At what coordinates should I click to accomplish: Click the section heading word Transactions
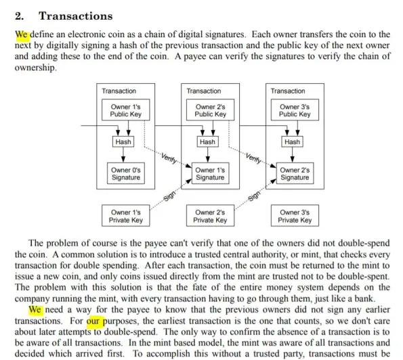[x=76, y=16]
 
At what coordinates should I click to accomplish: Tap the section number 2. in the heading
[x=20, y=16]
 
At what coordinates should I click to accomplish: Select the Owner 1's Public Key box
[x=126, y=110]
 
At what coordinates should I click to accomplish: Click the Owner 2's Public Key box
[x=210, y=110]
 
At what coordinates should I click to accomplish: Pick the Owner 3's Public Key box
[x=295, y=110]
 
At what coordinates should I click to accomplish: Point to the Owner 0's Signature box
[x=126, y=173]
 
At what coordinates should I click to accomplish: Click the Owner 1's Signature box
[x=210, y=173]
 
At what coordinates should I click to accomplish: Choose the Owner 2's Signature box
[x=295, y=173]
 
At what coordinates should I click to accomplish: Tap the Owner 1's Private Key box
[x=126, y=216]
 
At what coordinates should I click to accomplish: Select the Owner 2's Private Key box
[x=210, y=216]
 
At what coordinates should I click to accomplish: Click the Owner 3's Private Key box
[x=295, y=216]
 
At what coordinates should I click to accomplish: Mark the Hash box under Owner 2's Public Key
[x=208, y=141]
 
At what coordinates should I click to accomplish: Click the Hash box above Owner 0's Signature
[x=123, y=141]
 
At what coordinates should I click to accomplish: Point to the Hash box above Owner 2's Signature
[x=292, y=141]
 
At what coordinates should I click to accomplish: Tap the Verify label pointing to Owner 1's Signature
[x=169, y=158]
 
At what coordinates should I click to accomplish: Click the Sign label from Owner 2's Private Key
[x=254, y=196]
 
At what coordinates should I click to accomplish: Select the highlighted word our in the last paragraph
[x=93, y=321]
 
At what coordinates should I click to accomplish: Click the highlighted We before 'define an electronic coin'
[x=22, y=35]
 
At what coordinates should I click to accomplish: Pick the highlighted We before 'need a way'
[x=35, y=309]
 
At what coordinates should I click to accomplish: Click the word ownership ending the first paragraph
[x=35, y=68]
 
